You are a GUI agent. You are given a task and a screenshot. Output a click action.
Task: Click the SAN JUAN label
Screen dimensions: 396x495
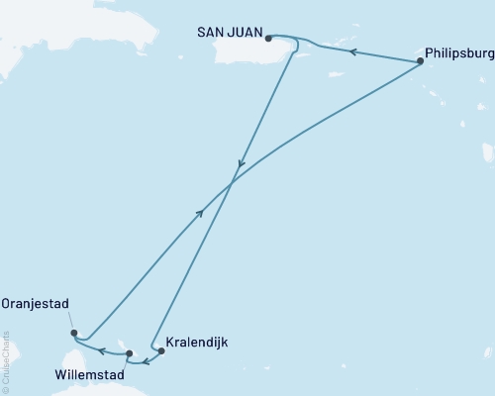227,33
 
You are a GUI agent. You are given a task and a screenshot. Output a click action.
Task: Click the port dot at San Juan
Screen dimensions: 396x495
268,39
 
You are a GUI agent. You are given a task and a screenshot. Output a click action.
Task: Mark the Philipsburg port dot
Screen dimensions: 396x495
420,61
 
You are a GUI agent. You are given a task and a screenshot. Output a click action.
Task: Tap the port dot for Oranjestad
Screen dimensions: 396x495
74,334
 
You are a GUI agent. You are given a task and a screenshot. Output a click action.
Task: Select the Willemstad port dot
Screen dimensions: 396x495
129,351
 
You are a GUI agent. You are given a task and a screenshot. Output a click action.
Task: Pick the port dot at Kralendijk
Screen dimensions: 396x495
161,350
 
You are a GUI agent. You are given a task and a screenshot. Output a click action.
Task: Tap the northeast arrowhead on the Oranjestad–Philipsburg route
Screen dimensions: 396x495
201,212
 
